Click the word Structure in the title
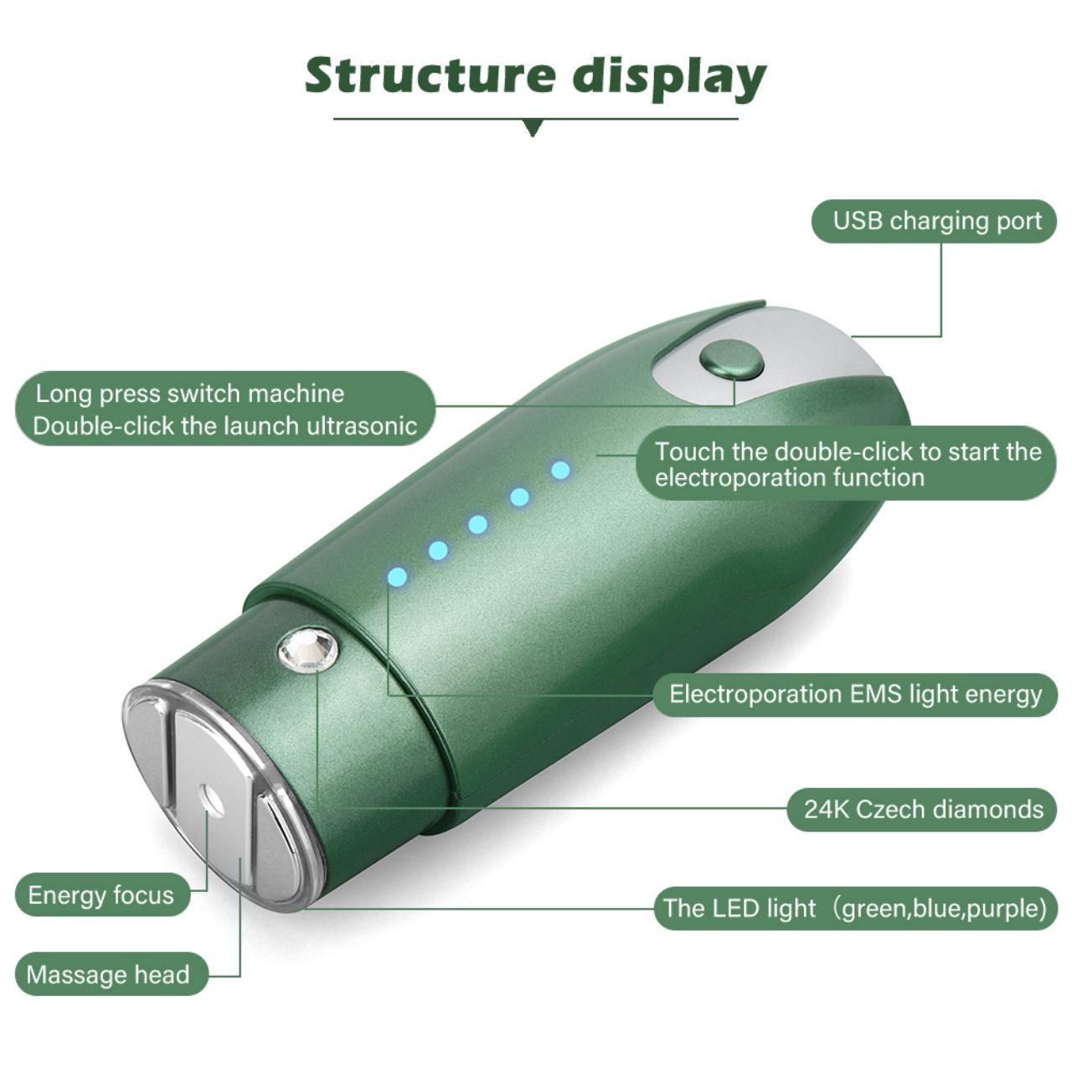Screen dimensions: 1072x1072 [430, 75]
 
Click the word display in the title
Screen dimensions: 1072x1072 [670, 79]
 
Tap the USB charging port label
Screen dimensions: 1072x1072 [934, 221]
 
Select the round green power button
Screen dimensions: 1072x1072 [731, 361]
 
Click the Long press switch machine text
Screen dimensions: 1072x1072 [190, 394]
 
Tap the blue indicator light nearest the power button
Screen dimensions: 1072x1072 [560, 470]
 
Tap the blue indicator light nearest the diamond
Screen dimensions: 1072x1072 [397, 577]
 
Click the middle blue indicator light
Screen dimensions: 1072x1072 [478, 524]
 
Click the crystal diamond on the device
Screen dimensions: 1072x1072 [307, 650]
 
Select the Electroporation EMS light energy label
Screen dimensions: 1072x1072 [854, 694]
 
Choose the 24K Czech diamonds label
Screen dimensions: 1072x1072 [922, 809]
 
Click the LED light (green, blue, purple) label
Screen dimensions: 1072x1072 [855, 909]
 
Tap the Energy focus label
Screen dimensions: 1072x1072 [102, 895]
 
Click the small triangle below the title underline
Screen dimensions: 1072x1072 [533, 128]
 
